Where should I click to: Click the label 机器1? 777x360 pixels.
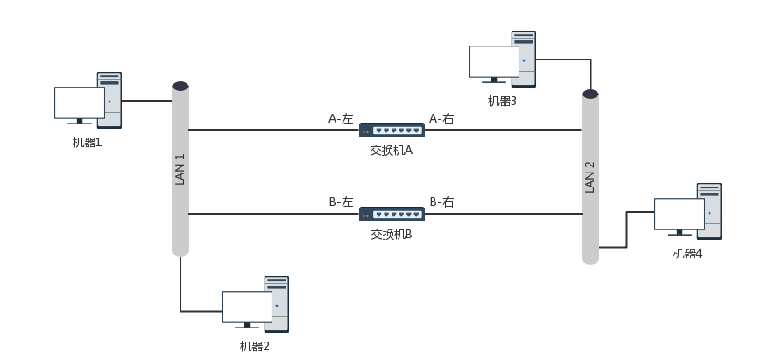pos(87,142)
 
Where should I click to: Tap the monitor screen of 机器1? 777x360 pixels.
pos(80,102)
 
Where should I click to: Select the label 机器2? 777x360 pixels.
pos(254,346)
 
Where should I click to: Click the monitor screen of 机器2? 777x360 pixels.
pos(246,307)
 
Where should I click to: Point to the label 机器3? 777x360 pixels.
pos(502,101)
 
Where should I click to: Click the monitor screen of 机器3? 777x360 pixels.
pos(493,61)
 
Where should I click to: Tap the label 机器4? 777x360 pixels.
pos(687,253)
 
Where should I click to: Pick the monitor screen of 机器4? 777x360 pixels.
pos(679,214)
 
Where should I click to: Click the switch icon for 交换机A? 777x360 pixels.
pos(392,131)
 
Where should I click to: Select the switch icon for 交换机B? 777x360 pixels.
pos(392,214)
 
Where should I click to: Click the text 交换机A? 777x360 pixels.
pos(391,151)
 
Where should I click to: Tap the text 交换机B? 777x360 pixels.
pos(391,234)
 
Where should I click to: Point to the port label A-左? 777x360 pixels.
pos(341,118)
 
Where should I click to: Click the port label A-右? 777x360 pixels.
pos(441,118)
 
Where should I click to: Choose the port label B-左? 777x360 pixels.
pos(341,201)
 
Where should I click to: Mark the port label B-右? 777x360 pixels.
pos(441,201)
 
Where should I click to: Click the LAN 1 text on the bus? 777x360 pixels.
pos(180,169)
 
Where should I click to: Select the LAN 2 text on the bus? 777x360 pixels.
pos(590,177)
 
